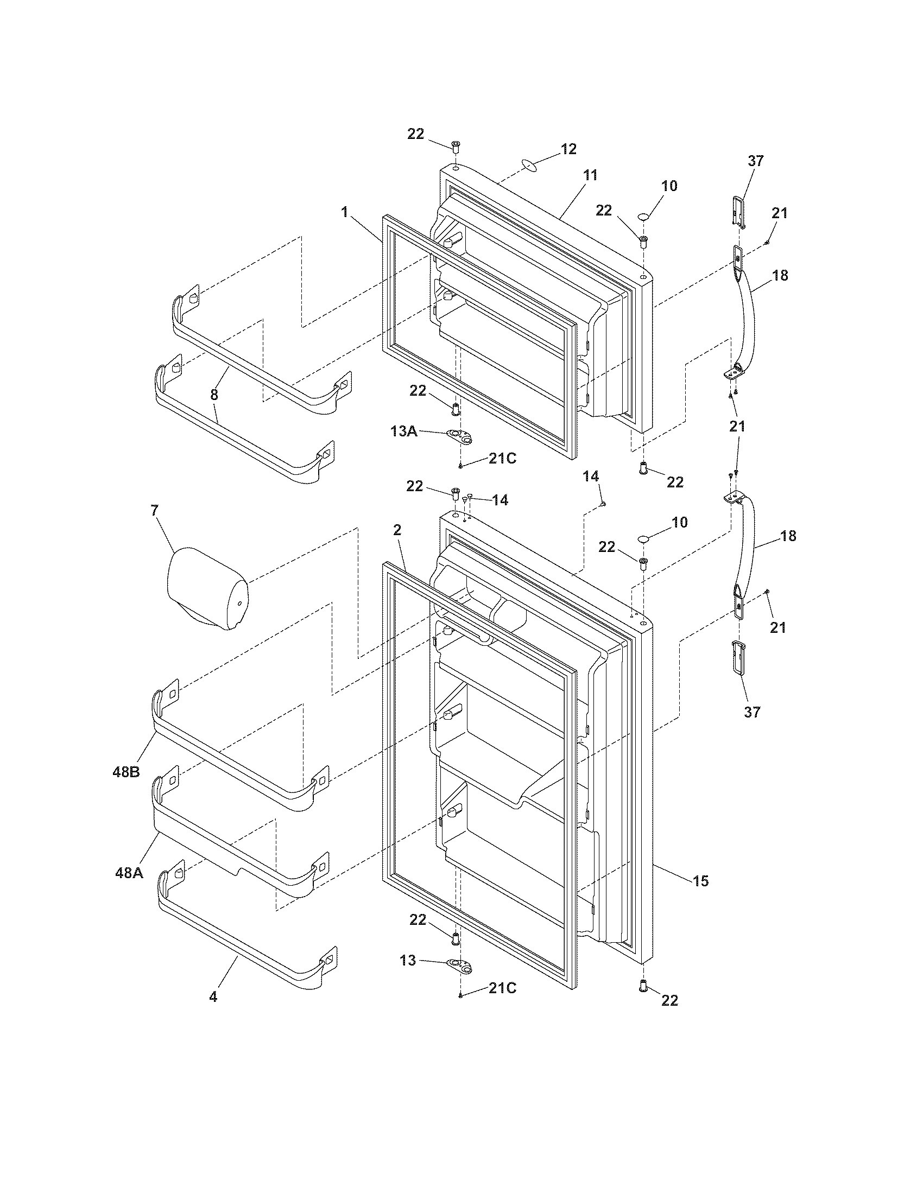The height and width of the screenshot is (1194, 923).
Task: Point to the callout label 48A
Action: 129,873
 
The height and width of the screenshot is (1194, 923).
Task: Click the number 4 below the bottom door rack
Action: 213,996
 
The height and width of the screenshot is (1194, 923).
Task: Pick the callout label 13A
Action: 403,431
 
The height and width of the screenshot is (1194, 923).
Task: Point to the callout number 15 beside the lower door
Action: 700,881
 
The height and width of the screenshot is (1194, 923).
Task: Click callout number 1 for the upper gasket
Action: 344,212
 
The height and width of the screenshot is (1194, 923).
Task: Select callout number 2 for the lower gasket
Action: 397,530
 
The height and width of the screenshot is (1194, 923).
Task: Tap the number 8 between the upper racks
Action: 214,395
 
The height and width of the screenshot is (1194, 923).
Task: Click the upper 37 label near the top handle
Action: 756,161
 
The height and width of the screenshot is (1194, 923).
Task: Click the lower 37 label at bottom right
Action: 752,712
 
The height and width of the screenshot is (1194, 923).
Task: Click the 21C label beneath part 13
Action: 502,988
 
